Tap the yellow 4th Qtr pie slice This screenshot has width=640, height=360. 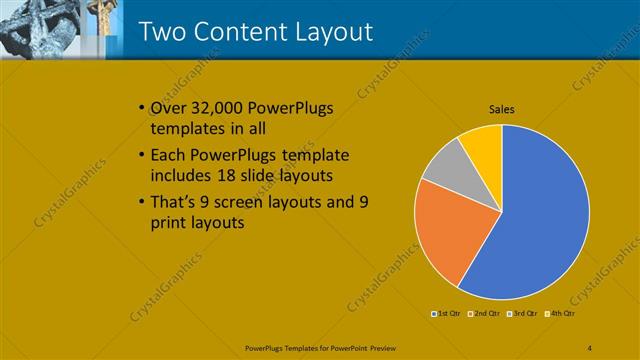[482, 144]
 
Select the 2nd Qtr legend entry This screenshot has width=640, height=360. [485, 314]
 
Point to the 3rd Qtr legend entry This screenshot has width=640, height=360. [524, 314]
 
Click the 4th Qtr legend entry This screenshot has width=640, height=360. [562, 314]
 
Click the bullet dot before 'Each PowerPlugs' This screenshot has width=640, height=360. [139, 156]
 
